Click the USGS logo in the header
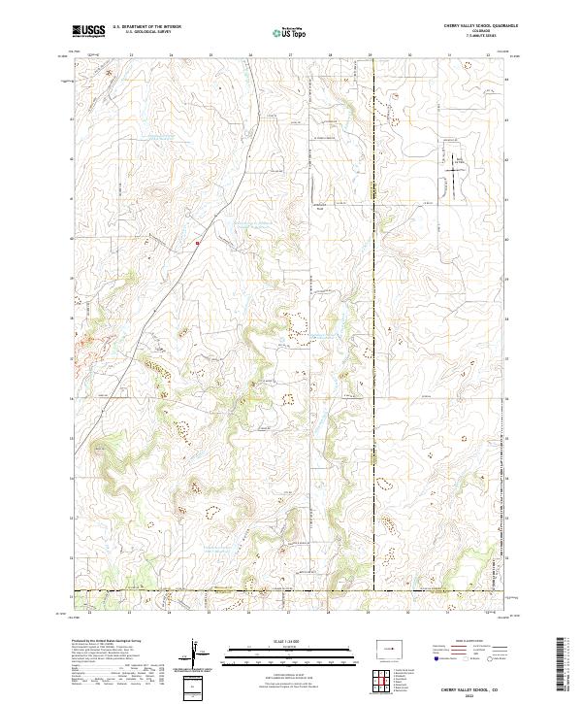(88, 31)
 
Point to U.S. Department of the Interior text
(146, 27)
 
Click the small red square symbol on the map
(197, 243)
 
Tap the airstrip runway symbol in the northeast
(451, 174)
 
